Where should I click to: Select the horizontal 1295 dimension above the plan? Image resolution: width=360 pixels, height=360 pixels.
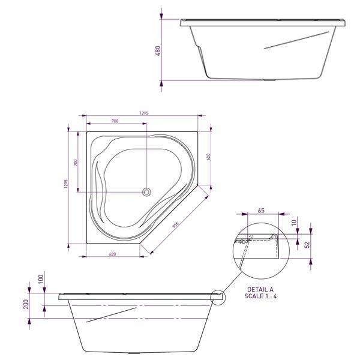[x=143, y=113]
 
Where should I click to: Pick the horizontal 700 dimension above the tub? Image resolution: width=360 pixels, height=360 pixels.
[x=115, y=121]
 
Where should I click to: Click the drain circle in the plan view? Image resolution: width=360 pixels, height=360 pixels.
[x=146, y=192]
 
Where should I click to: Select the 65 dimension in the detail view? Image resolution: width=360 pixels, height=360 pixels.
[x=261, y=211]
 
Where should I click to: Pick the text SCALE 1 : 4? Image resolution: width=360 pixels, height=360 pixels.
[x=261, y=296]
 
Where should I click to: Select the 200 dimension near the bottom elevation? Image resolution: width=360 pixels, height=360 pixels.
[x=26, y=305]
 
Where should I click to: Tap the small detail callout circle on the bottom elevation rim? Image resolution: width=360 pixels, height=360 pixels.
[x=218, y=296]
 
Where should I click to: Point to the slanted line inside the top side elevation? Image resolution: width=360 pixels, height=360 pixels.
[x=293, y=39]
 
